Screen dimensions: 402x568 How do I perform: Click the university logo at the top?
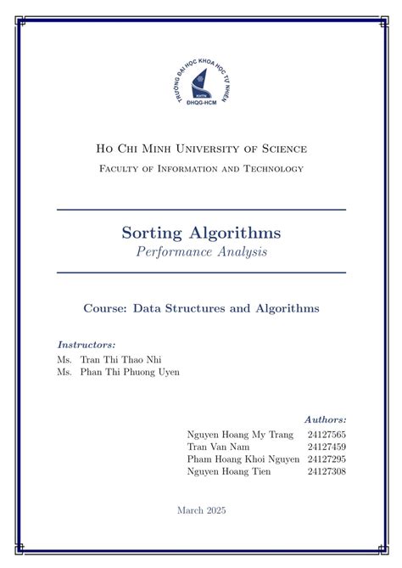201,83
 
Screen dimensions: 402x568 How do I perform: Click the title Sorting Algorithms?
201,232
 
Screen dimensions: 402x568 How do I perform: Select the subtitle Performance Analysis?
201,251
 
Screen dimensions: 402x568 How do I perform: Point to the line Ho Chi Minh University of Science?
201,149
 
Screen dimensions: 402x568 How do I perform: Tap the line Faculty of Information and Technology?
201,169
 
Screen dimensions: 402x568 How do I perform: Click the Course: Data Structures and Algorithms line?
201,308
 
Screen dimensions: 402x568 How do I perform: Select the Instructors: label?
87,345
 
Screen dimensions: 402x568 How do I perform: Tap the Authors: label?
325,419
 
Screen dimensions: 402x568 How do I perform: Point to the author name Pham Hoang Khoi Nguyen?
243,459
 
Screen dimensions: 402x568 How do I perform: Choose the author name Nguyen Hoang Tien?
229,472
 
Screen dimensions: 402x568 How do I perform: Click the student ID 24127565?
327,434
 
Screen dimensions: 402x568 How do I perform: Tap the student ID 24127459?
327,447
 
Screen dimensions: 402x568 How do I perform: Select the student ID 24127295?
327,459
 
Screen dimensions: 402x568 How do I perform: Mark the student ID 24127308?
327,472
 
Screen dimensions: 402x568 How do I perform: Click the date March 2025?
201,510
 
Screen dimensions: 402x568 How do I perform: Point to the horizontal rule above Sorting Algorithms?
201,209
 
